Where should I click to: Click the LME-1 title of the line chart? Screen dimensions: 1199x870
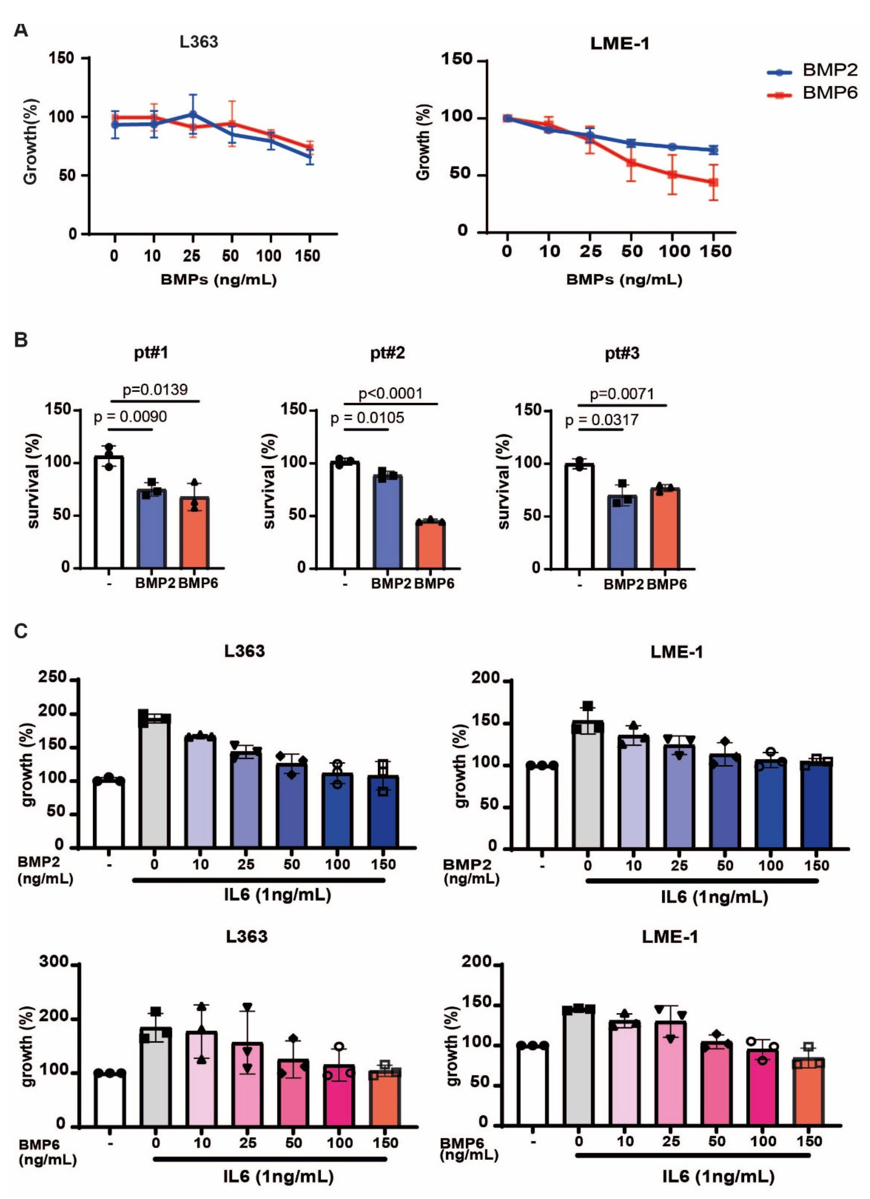pyautogui.click(x=619, y=43)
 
